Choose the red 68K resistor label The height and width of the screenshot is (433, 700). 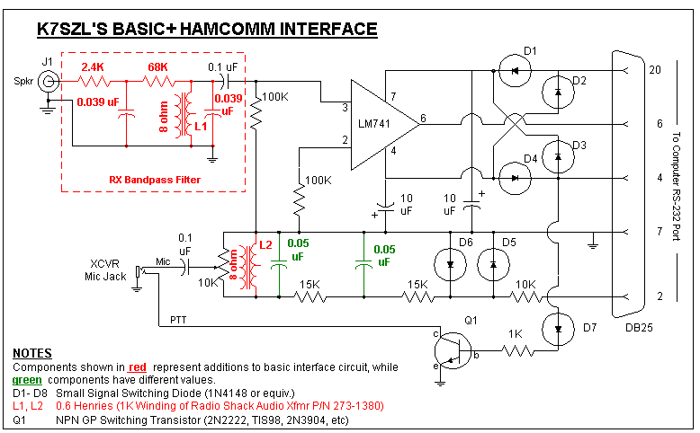click(x=158, y=66)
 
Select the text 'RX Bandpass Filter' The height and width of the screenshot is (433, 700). click(x=153, y=180)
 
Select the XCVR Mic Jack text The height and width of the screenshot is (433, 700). click(x=111, y=270)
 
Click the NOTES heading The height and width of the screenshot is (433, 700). click(x=32, y=354)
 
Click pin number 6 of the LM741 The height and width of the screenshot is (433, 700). click(x=423, y=119)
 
